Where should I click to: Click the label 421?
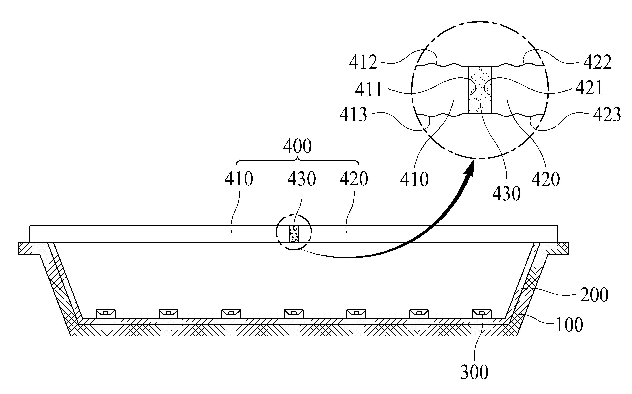tap(589, 88)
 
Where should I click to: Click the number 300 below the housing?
tap(474, 372)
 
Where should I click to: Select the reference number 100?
tap(569, 325)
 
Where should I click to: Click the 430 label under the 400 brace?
tap(302, 179)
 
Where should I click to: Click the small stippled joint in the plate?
tap(294, 234)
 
